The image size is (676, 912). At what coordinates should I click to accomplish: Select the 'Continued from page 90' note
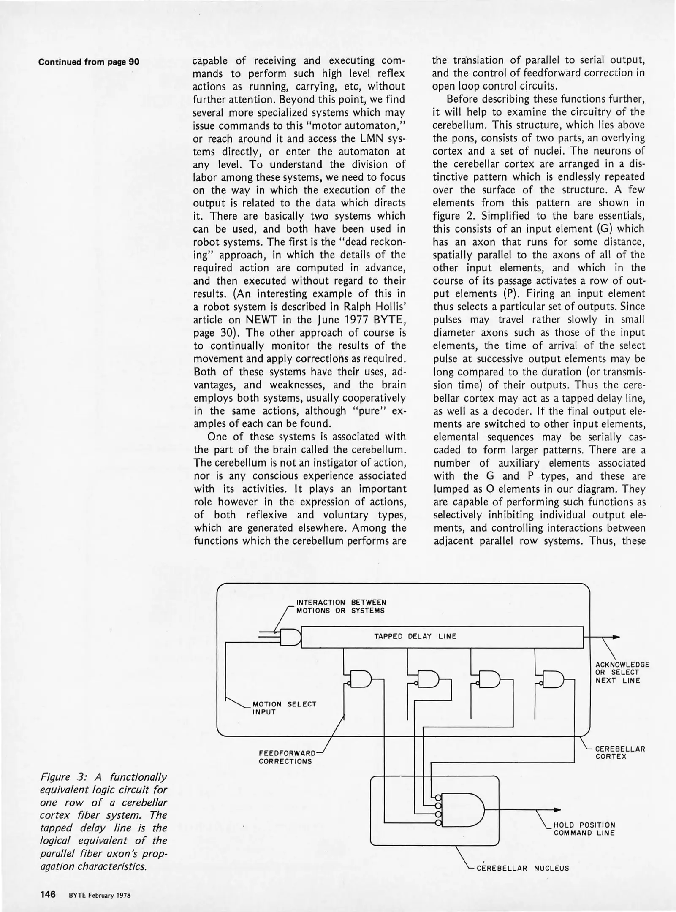89,62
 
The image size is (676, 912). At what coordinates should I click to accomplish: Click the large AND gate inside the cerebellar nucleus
461,809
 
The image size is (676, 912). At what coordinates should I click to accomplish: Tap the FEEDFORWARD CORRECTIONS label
288,757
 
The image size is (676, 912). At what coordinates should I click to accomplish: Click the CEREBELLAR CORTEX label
620,752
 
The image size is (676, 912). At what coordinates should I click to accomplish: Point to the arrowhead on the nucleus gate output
557,809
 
